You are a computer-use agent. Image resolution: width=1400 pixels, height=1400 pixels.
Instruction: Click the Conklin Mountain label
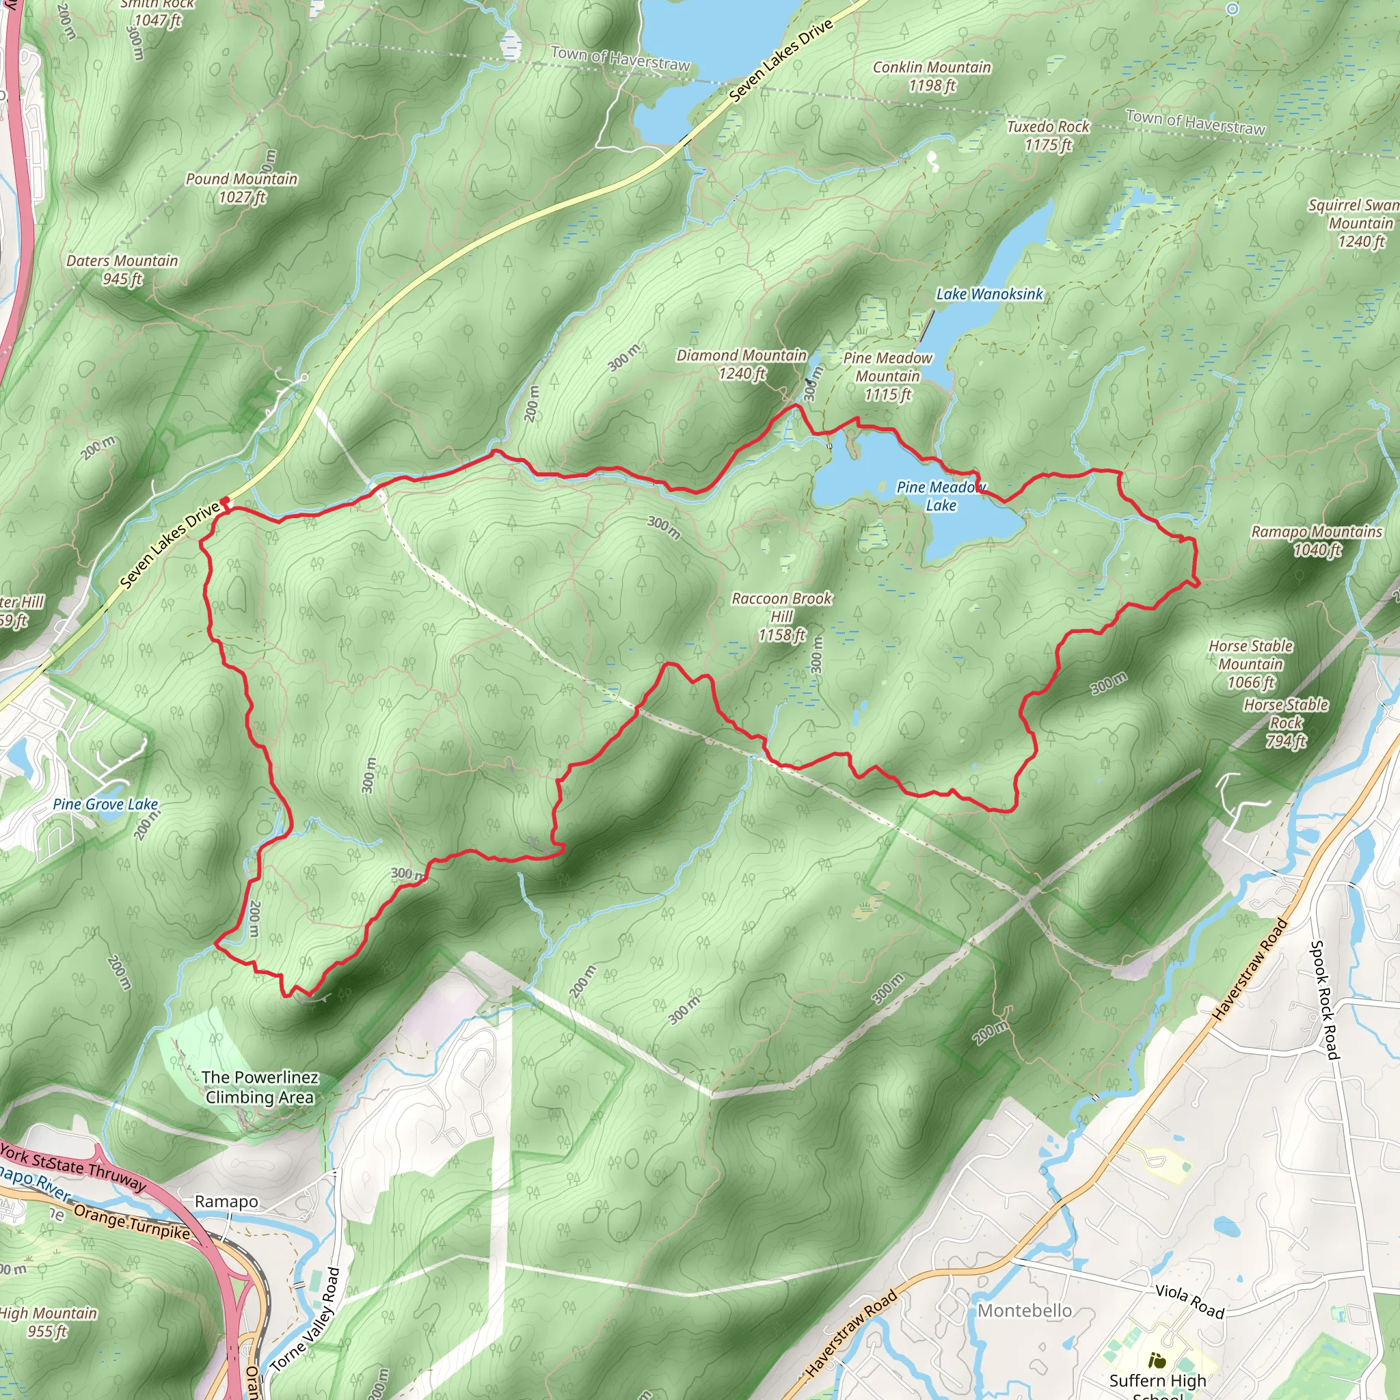coord(931,76)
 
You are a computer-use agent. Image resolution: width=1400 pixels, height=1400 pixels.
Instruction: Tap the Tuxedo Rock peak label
coord(1048,135)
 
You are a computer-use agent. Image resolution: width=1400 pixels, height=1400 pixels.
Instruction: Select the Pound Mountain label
coord(241,188)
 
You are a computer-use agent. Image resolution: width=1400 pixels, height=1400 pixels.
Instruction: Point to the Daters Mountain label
coord(122,269)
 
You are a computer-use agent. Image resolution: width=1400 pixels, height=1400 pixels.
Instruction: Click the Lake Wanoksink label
coord(989,294)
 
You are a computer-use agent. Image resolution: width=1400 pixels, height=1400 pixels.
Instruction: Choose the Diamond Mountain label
coord(741,364)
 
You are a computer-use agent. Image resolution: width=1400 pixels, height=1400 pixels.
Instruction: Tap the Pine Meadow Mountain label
coord(888,376)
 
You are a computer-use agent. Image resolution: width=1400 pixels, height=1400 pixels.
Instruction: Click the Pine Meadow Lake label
coord(941,496)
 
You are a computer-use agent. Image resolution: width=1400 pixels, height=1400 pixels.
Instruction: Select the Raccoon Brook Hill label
coord(782,617)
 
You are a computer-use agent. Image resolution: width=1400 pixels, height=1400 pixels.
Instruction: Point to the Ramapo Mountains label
coord(1317,541)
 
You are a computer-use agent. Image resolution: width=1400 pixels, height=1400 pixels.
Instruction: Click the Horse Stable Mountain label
coord(1251,664)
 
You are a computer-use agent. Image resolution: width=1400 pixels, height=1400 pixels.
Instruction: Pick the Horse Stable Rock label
coord(1286,723)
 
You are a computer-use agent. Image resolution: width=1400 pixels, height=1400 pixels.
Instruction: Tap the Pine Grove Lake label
coord(105,805)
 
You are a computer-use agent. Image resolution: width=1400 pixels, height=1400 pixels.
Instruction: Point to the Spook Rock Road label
coord(1325,1000)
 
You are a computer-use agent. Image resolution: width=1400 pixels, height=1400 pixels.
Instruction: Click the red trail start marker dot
coord(226,500)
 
